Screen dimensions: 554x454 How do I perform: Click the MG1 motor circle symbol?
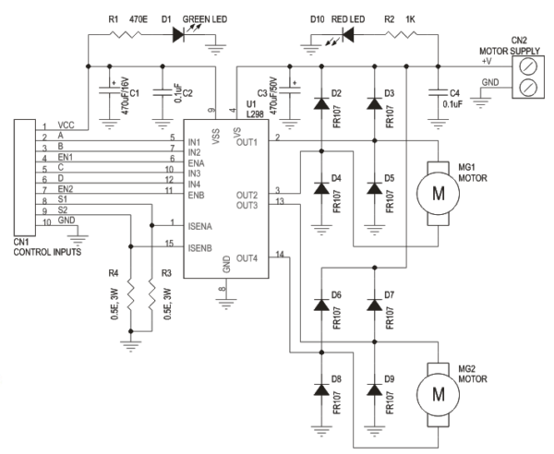point(438,194)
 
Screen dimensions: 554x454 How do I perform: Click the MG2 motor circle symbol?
point(438,395)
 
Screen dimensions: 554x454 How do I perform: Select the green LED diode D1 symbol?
point(177,34)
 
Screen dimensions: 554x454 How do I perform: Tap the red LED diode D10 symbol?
point(348,34)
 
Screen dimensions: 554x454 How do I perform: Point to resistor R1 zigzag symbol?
point(126,34)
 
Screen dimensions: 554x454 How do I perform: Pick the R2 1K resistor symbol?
point(401,34)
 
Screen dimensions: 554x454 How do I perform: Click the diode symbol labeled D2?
point(321,103)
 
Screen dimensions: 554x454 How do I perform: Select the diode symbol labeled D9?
point(375,389)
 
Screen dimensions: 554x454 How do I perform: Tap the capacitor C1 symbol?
point(110,90)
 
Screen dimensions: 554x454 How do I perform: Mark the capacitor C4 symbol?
point(438,93)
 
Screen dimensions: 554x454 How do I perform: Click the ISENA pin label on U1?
point(200,226)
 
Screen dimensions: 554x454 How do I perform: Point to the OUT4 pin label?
point(247,258)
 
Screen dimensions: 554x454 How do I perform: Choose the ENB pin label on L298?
point(196,195)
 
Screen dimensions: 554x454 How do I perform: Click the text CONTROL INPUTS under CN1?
point(47,252)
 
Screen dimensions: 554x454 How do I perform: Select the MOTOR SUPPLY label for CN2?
point(510,51)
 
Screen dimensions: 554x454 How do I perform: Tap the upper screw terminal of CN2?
point(528,66)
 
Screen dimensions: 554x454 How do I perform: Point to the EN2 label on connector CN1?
point(66,189)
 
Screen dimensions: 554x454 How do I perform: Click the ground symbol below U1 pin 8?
point(226,304)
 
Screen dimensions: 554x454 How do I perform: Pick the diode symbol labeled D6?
point(321,305)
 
